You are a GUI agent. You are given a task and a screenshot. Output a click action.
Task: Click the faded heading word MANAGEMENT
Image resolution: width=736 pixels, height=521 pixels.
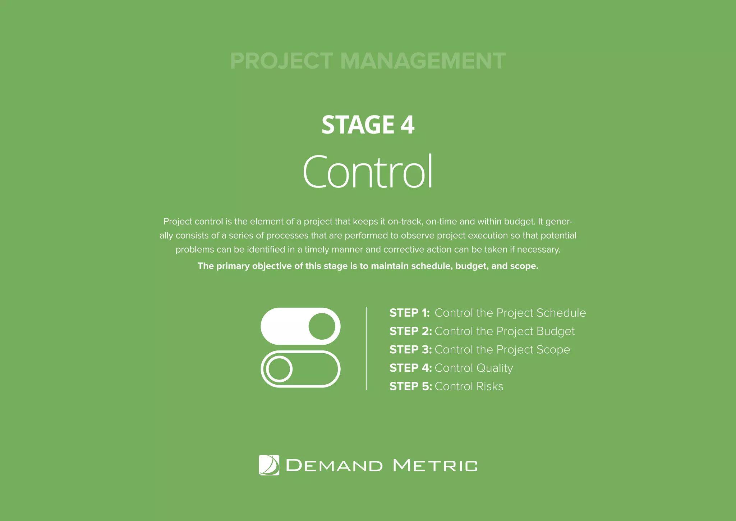pyautogui.click(x=423, y=61)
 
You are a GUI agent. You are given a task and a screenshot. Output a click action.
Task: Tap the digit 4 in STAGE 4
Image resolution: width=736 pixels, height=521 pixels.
pyautogui.click(x=407, y=125)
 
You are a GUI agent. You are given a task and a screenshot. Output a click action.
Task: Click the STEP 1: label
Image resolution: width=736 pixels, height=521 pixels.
pyautogui.click(x=409, y=313)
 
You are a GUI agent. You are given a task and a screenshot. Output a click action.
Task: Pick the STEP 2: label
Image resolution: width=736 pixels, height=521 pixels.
pyautogui.click(x=410, y=331)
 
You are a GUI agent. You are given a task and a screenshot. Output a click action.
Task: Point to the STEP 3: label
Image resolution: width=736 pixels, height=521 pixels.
pyautogui.click(x=410, y=349)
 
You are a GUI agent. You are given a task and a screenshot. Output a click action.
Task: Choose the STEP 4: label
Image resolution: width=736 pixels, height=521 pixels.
pyautogui.click(x=410, y=368)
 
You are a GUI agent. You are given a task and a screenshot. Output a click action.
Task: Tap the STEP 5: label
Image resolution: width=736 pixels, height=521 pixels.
pyautogui.click(x=410, y=386)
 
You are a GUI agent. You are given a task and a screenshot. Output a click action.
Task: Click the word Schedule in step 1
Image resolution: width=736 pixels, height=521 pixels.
pyautogui.click(x=561, y=313)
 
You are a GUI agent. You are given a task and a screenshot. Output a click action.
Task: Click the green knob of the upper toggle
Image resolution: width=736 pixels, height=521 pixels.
pyautogui.click(x=322, y=326)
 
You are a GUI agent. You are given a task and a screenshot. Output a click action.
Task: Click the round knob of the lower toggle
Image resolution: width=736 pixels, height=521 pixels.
pyautogui.click(x=279, y=369)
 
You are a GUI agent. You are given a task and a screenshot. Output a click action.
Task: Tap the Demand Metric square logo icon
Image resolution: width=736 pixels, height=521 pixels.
pyautogui.click(x=269, y=465)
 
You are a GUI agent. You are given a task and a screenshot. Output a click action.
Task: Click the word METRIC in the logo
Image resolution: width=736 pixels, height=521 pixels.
pyautogui.click(x=435, y=466)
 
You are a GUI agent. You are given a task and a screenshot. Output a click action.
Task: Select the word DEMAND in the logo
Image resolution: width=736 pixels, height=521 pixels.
pyautogui.click(x=334, y=466)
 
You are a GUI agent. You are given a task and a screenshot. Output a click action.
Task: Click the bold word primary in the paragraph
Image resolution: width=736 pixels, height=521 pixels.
pyautogui.click(x=233, y=266)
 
